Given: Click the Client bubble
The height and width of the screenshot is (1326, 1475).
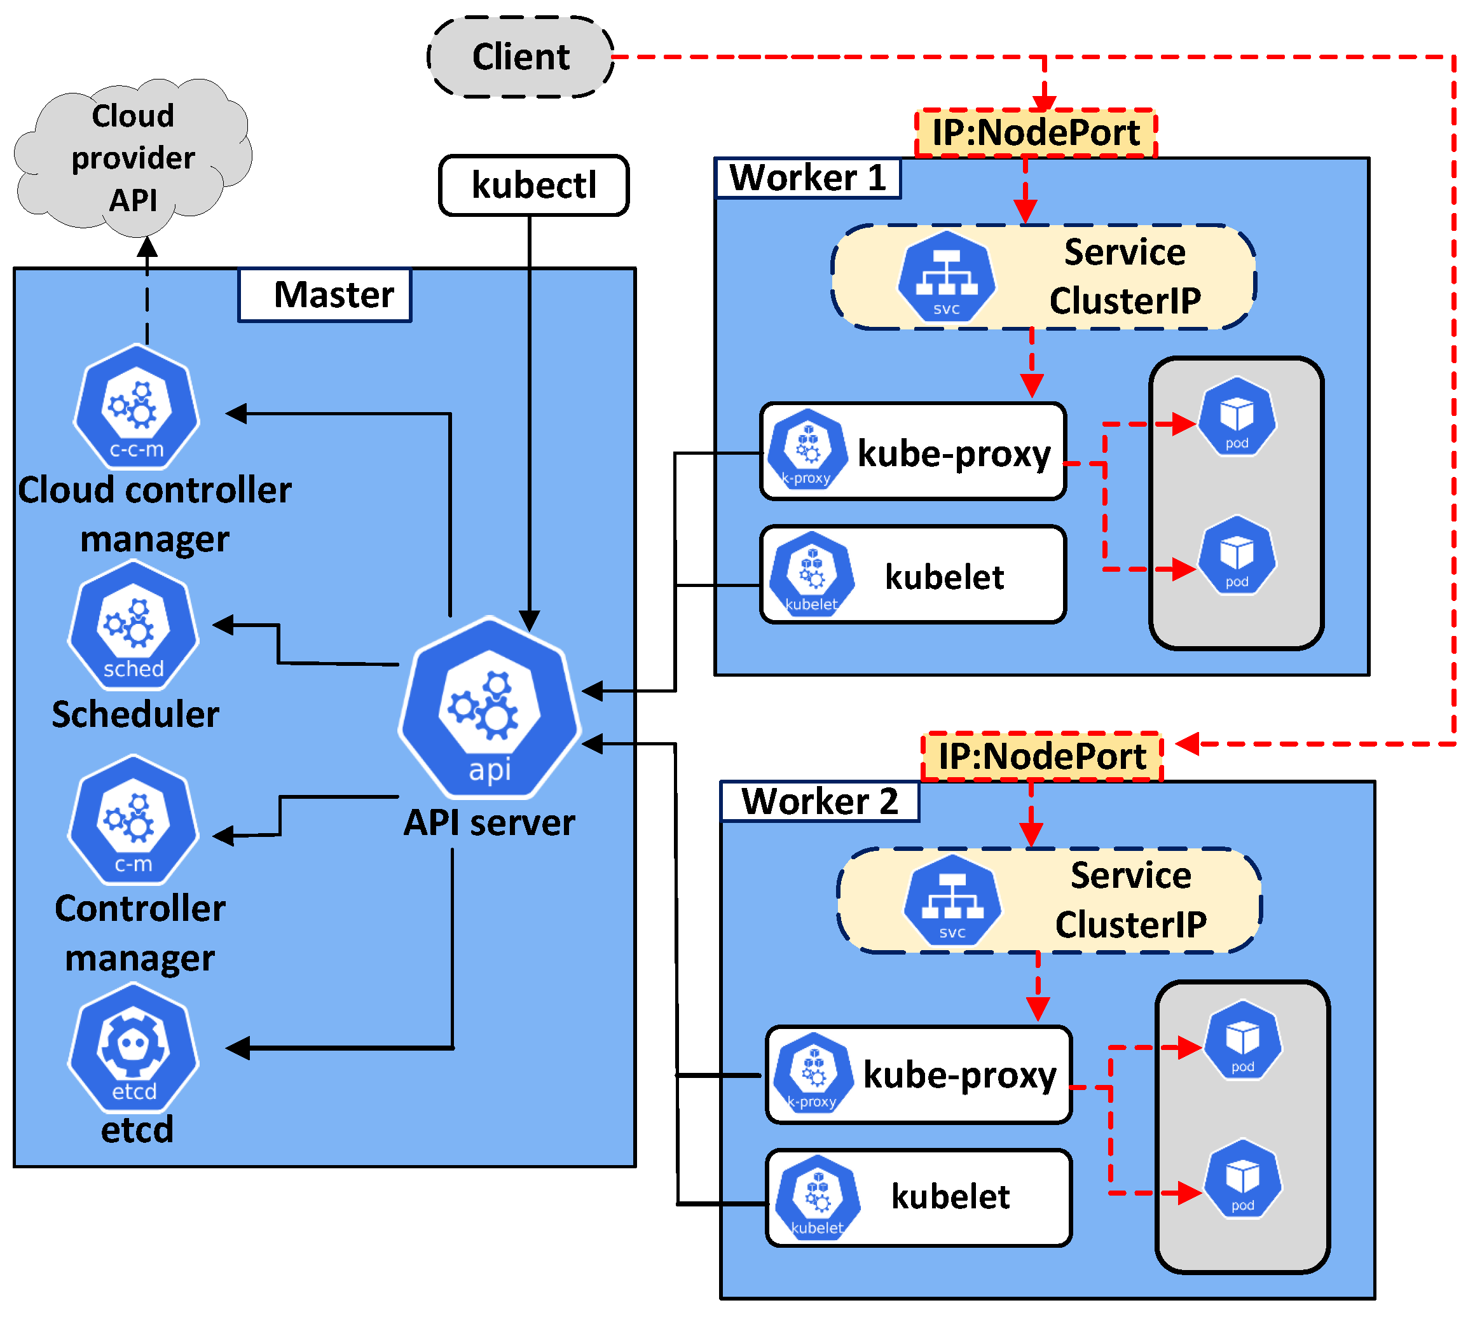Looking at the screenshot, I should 520,57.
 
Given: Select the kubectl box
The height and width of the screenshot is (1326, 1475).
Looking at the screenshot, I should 533,185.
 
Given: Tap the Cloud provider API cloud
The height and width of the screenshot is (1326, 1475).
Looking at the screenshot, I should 133,157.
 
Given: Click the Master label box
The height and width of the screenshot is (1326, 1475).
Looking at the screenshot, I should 325,295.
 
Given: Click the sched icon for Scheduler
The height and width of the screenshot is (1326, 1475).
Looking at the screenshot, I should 133,626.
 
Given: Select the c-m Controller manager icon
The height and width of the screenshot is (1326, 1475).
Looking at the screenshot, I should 133,822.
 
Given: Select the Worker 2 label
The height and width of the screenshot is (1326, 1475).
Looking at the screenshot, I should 819,801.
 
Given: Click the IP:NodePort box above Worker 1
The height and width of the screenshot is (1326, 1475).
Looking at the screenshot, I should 1035,132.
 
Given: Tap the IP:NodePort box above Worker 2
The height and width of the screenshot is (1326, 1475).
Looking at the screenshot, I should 1041,756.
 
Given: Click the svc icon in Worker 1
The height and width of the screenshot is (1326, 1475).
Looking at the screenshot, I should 946,277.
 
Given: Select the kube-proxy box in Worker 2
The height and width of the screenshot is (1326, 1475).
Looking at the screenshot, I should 918,1075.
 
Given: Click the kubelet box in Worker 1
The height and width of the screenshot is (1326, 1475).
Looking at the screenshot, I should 913,576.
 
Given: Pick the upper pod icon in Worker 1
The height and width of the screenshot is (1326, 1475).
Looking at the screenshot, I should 1237,417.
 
